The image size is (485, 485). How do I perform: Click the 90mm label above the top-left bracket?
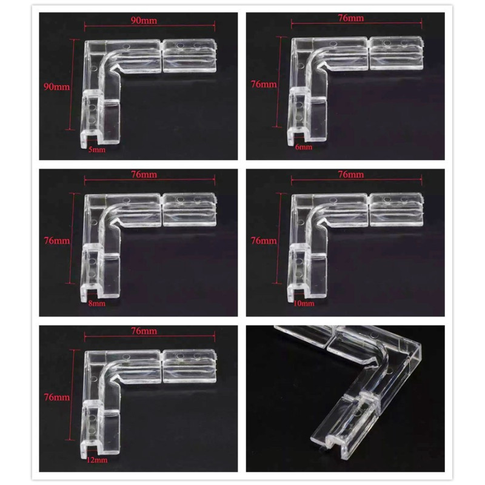tap(144, 21)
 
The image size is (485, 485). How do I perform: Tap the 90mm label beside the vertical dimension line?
tap(56, 87)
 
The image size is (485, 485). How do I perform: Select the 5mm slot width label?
tap(97, 150)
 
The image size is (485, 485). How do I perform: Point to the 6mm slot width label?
tap(304, 147)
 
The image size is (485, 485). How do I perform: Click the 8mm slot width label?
tap(97, 303)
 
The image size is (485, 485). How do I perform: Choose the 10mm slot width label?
tap(304, 303)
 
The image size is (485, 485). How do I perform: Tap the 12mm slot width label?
tap(97, 460)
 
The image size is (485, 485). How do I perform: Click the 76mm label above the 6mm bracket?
tap(351, 18)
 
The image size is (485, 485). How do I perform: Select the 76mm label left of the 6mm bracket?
tap(264, 84)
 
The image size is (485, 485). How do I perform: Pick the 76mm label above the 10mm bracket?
tap(351, 175)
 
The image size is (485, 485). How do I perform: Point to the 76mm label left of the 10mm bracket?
tap(264, 240)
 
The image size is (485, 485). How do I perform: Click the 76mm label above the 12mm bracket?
tap(144, 331)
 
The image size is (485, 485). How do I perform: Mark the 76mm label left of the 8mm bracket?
tap(57, 240)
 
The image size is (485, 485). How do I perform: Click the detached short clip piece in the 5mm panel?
tap(190, 56)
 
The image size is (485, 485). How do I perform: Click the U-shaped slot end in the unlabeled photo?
tap(335, 443)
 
